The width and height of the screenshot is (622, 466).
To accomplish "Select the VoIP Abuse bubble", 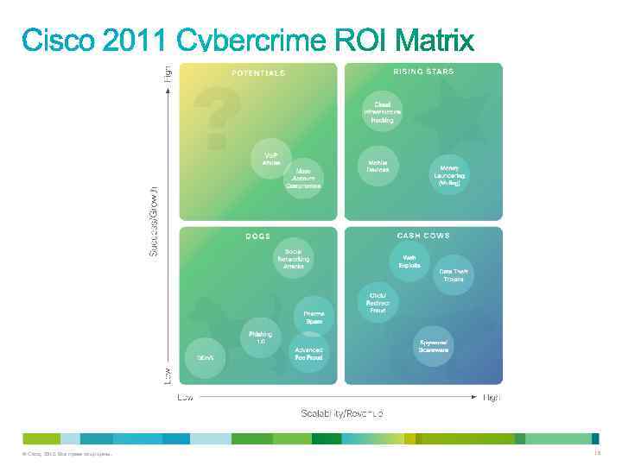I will [271, 159].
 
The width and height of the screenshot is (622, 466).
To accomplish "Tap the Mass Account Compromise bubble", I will [302, 178].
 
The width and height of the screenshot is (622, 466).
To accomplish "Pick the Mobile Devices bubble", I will [378, 166].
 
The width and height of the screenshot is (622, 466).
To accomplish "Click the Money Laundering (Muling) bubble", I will [449, 177].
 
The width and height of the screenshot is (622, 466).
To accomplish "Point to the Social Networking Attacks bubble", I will [294, 259].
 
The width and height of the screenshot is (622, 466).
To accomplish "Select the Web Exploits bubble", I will [409, 261].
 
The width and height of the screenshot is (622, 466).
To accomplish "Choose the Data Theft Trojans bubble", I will [453, 274].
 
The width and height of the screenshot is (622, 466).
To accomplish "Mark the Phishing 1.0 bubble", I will [260, 337].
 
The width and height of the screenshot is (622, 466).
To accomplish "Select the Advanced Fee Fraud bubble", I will [308, 354].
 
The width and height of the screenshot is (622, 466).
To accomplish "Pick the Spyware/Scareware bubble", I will [434, 345].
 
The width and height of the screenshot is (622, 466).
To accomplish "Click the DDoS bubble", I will [205, 356].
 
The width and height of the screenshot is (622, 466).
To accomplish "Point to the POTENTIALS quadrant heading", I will [258, 73].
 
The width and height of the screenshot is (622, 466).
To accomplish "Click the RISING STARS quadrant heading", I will [423, 72].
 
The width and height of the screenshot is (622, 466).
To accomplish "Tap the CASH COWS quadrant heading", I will [423, 235].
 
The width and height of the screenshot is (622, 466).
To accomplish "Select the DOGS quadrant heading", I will [258, 236].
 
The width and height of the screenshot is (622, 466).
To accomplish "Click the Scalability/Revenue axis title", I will [341, 413].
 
